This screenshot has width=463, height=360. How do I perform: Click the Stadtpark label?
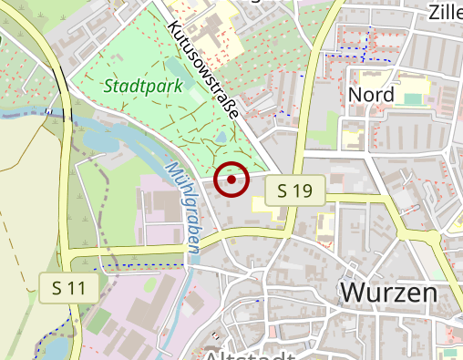(143, 87)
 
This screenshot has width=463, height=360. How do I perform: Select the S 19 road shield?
(295, 190)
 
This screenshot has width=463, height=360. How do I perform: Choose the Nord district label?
(372, 95)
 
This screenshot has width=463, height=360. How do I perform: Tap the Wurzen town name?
(389, 293)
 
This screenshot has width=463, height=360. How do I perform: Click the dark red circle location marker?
(232, 180)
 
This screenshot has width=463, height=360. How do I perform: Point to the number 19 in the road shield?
(304, 190)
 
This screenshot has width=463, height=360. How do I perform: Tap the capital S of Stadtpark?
(109, 87)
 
